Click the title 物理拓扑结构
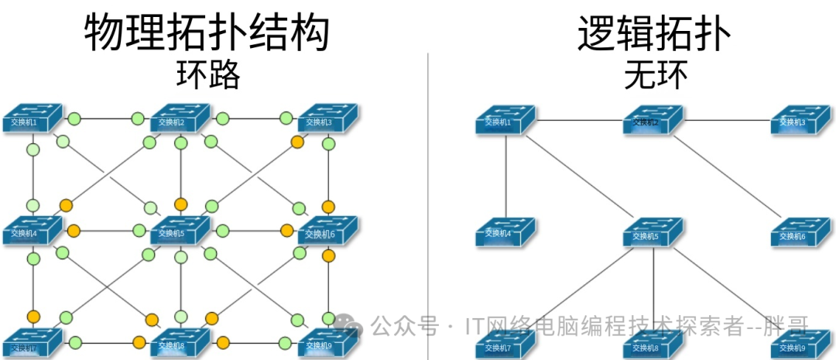[x=207, y=33]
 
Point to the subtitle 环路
[x=207, y=77]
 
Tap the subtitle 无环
[x=656, y=77]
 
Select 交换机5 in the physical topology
[x=180, y=229]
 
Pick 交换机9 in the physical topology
[x=327, y=341]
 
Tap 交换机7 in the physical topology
[x=31, y=341]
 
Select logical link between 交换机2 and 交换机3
[x=728, y=120]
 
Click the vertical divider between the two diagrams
[x=427, y=194]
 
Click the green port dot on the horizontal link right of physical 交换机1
[x=74, y=119]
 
